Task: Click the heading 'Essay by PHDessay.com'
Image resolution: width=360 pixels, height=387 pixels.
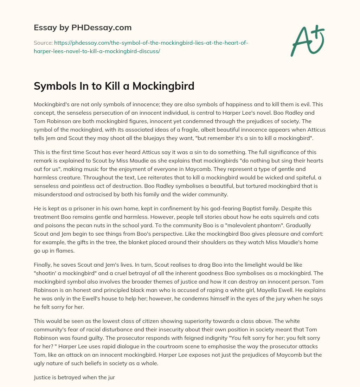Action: [83, 27]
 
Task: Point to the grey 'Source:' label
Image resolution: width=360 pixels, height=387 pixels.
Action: [43, 43]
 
